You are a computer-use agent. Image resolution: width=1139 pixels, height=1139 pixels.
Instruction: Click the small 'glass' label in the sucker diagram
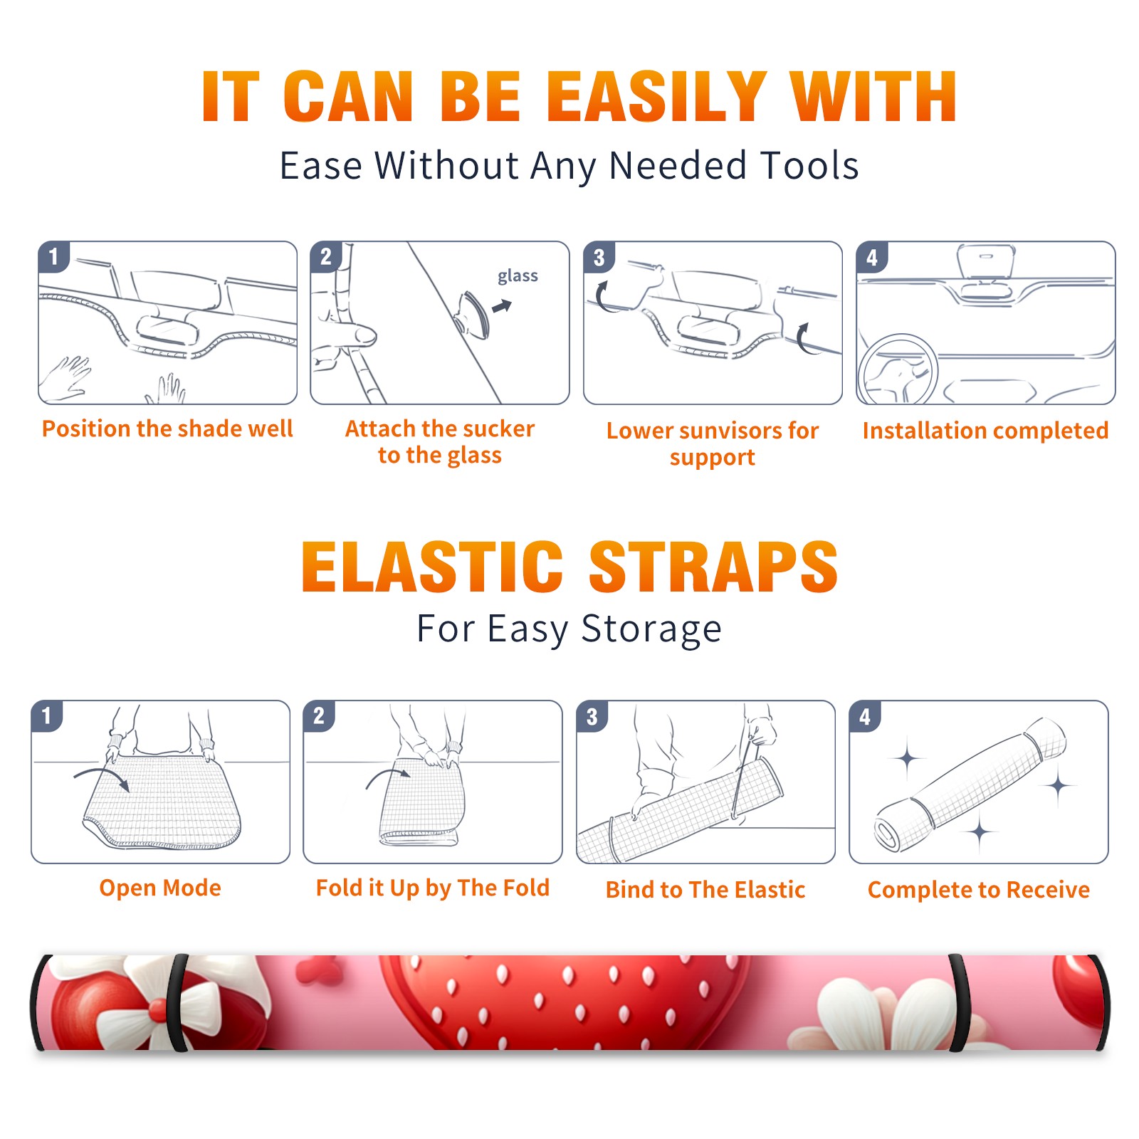[518, 276]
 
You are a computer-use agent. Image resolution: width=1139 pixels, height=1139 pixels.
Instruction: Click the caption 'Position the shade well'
[167, 429]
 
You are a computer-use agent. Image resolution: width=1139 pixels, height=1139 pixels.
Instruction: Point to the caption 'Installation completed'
[985, 430]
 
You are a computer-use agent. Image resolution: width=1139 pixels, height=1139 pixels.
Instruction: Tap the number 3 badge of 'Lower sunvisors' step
[599, 257]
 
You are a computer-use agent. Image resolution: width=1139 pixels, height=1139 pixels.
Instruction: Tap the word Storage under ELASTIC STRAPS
[651, 630]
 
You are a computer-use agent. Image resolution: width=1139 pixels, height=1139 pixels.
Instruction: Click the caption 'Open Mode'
[160, 888]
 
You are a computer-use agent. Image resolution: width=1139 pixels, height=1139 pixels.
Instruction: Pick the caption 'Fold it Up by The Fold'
[433, 888]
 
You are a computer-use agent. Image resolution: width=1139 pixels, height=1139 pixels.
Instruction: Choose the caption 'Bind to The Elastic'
[705, 890]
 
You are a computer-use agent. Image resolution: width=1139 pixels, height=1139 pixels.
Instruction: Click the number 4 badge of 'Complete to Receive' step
[864, 716]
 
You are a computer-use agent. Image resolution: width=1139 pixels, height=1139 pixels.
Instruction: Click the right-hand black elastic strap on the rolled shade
[959, 1003]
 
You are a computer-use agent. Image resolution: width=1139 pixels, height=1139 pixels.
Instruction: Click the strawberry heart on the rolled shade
[562, 1000]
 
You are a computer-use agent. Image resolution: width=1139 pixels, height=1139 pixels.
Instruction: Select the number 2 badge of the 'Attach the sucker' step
[326, 257]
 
